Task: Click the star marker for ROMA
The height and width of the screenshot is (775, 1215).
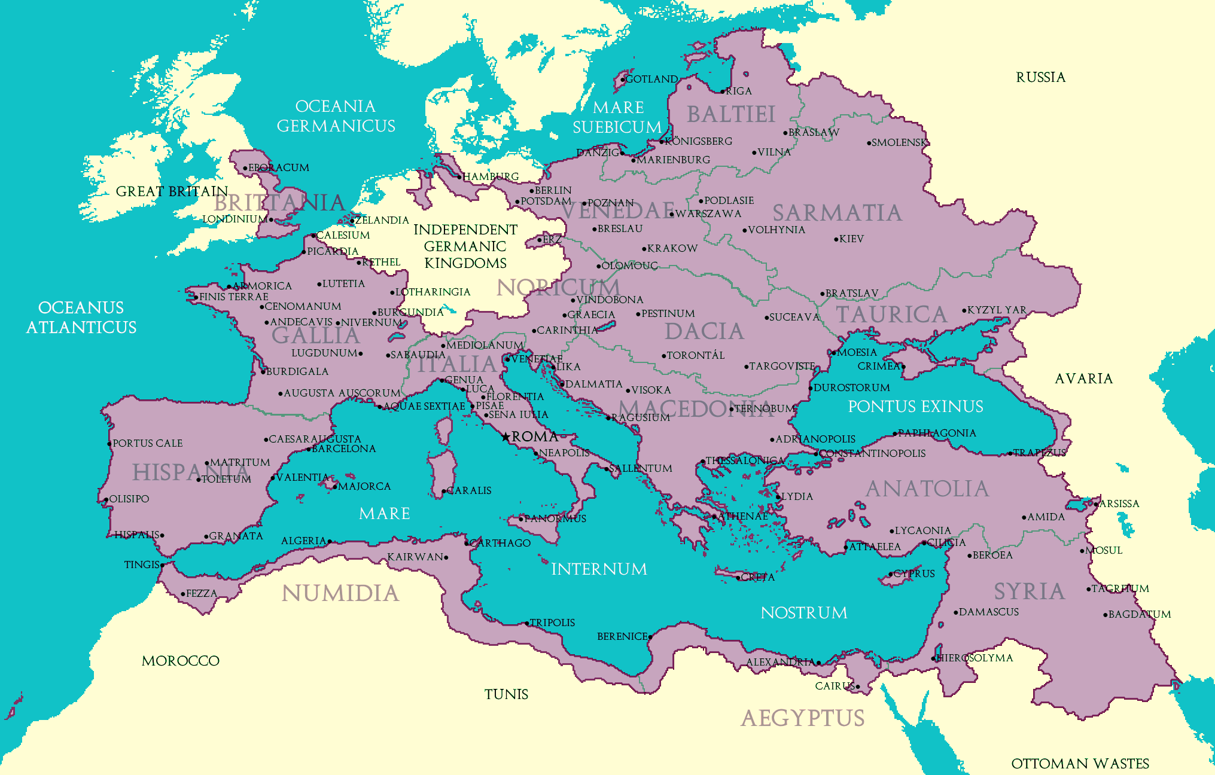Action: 506,437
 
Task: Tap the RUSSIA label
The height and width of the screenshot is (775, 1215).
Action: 1040,77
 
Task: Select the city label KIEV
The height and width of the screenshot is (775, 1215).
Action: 851,239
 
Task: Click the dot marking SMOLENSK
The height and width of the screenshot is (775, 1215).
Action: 869,143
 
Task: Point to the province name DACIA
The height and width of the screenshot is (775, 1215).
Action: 704,331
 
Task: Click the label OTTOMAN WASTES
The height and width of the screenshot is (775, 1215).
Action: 1080,764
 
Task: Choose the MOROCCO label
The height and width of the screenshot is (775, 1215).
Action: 181,661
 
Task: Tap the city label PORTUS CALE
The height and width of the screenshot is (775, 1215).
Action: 148,443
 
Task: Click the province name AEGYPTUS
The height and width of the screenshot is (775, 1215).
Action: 802,718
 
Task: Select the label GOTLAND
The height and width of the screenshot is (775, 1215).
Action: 651,79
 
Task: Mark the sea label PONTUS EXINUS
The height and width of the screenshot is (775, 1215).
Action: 915,407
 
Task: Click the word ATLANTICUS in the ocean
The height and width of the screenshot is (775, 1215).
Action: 81,327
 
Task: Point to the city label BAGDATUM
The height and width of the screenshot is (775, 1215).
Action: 1140,614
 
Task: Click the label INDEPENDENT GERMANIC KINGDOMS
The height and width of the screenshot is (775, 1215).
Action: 465,246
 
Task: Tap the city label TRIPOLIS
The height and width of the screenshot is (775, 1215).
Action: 552,623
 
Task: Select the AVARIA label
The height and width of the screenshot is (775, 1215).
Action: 1083,379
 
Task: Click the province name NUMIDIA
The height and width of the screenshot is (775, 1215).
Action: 340,593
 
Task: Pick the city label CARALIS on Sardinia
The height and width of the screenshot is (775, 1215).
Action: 469,490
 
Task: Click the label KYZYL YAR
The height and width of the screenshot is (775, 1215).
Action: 997,310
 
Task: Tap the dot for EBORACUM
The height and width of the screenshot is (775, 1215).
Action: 245,169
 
